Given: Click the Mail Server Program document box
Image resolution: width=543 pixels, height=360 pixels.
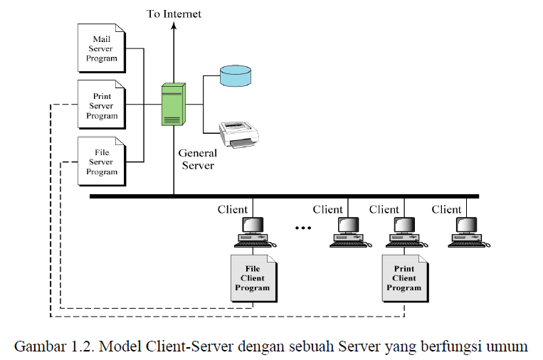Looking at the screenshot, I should pyautogui.click(x=101, y=48).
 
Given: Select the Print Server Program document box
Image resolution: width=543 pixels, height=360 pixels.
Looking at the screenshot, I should pyautogui.click(x=101, y=105).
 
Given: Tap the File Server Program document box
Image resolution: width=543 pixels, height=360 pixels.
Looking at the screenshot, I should pyautogui.click(x=101, y=162).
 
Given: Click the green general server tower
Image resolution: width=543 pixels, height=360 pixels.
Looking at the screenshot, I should pyautogui.click(x=172, y=104).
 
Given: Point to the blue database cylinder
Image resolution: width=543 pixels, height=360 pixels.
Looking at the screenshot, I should pyautogui.click(x=236, y=75).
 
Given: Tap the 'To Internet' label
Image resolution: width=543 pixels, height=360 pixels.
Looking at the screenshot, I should pyautogui.click(x=174, y=14).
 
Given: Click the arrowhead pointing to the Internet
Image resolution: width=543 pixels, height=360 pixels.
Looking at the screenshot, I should pyautogui.click(x=173, y=26).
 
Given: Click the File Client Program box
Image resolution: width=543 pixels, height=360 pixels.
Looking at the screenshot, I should pyautogui.click(x=254, y=278).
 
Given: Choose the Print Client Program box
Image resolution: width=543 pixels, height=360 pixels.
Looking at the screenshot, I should pyautogui.click(x=404, y=278).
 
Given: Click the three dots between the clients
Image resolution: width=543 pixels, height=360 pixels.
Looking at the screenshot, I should pyautogui.click(x=304, y=228).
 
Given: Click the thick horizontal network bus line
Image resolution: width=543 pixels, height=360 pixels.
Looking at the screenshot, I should pyautogui.click(x=285, y=196).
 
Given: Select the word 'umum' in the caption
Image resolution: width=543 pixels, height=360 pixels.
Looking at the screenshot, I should pyautogui.click(x=507, y=346).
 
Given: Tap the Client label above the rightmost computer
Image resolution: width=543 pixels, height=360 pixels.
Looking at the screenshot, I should pyautogui.click(x=446, y=209).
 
